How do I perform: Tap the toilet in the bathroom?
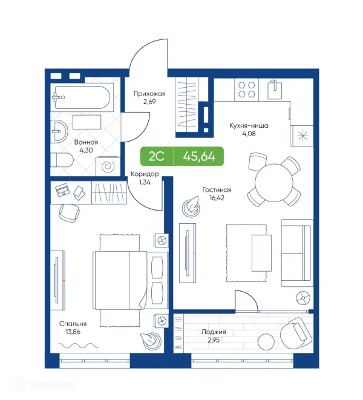coord(61,160)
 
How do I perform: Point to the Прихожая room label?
coord(149,94)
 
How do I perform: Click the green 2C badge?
coord(156,156)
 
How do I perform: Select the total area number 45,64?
coord(198,156)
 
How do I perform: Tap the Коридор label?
coord(145,174)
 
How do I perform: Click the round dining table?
coord(275,180)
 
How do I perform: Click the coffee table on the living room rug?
coord(262,251)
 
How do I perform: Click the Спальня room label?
coord(73,324)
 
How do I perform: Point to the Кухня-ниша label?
coord(249,126)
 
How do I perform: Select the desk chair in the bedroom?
coord(68,212)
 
